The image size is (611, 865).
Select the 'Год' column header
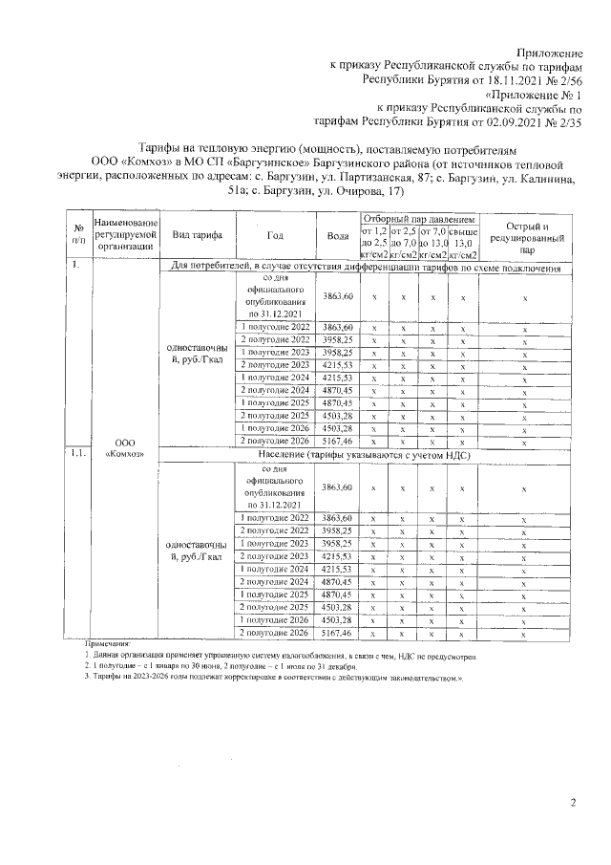coord(275,235)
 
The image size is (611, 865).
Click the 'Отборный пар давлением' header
coord(419,218)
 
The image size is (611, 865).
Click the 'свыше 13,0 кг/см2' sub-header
coord(463,243)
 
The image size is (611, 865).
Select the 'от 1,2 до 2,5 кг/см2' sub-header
coord(374,243)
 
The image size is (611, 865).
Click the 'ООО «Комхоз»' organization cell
coord(122,448)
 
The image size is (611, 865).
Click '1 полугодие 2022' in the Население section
coord(275,517)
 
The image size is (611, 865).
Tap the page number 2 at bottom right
coord(573,803)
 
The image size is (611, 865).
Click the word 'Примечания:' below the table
coord(106,646)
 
